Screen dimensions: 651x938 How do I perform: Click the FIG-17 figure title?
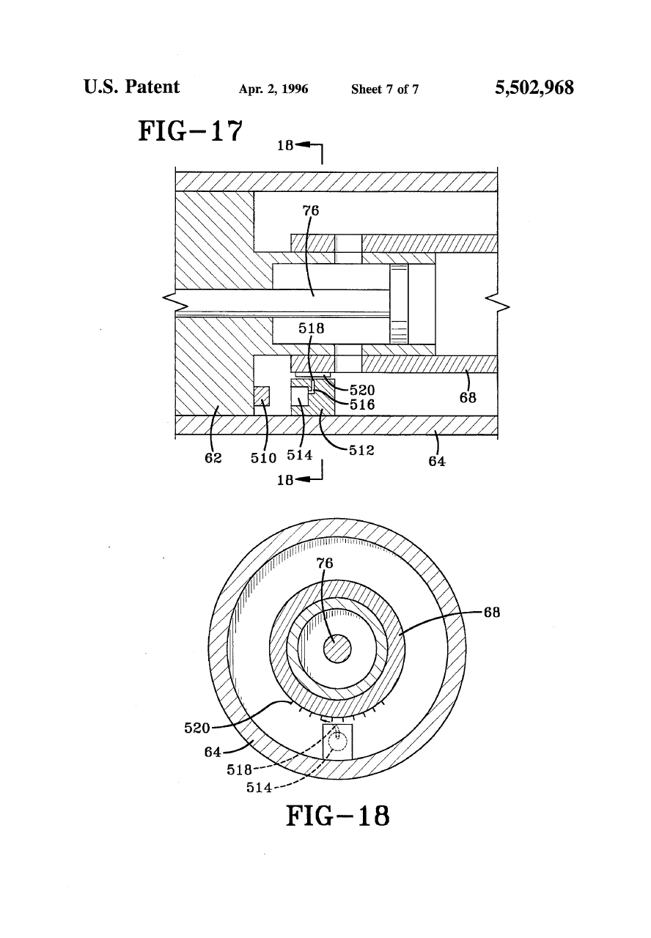pyautogui.click(x=190, y=130)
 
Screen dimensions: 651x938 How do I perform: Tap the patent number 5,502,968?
pyautogui.click(x=534, y=88)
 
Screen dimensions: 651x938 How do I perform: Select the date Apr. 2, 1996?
pyautogui.click(x=273, y=89)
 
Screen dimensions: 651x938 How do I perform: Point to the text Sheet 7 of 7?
pyautogui.click(x=385, y=89)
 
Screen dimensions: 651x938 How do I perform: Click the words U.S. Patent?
pyautogui.click(x=131, y=87)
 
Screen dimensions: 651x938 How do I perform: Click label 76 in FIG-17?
pyautogui.click(x=311, y=210)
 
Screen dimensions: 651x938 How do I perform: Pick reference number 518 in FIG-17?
pyautogui.click(x=311, y=328)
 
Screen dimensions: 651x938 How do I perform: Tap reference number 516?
pyautogui.click(x=362, y=405)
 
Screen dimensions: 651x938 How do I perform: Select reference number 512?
pyautogui.click(x=361, y=450)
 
